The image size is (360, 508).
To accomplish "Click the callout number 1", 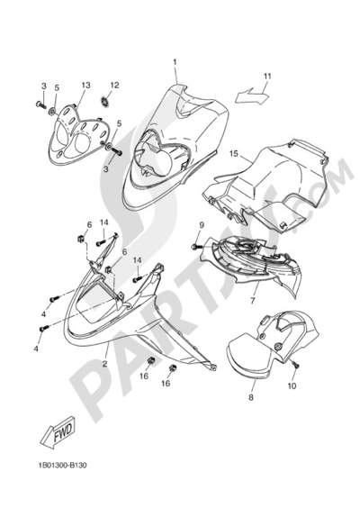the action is (x=175, y=62).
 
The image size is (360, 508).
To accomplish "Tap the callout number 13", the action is (x=85, y=86).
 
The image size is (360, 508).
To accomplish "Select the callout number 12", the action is (x=114, y=85).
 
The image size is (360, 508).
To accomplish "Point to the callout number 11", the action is (x=267, y=77).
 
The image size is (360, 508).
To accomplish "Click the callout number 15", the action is (x=233, y=153).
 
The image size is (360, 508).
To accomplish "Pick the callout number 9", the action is (x=202, y=225).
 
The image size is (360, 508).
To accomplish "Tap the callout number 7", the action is (x=253, y=300).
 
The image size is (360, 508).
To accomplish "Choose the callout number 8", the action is (x=251, y=397).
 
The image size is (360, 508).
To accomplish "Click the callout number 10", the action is (x=292, y=386).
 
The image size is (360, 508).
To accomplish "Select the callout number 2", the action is (x=105, y=364).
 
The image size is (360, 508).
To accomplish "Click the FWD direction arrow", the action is (x=58, y=432).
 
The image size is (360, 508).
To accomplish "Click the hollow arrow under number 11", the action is (x=252, y=95).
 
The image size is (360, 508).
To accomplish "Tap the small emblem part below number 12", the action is (x=105, y=102).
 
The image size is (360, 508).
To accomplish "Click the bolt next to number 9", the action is (x=196, y=247).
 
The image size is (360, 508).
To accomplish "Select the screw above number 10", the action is (x=296, y=365).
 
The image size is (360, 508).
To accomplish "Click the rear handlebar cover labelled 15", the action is (x=265, y=186).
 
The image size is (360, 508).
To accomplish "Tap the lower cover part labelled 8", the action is (x=272, y=344).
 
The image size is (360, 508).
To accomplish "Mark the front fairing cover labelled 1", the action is (x=175, y=148).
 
